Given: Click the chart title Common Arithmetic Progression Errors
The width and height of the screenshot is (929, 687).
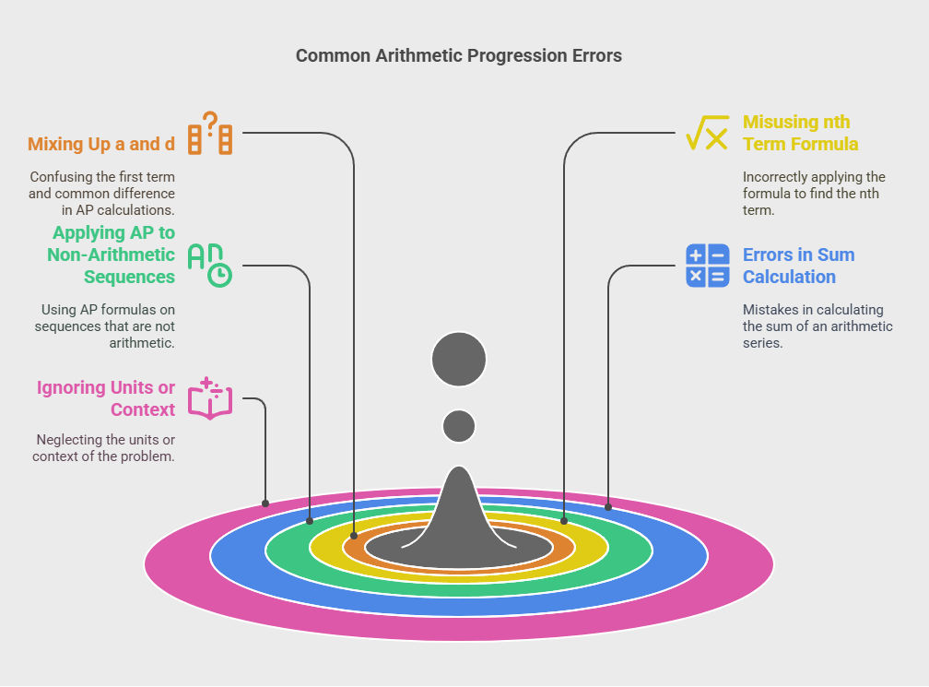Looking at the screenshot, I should pos(458,56).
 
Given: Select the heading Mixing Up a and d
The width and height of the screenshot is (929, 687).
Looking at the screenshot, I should pos(100,144).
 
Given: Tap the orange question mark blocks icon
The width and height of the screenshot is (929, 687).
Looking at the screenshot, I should pos(210,134).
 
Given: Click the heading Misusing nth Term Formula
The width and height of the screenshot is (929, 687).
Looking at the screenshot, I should pos(800,133).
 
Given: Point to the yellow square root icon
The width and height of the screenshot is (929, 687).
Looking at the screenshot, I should pos(708,133).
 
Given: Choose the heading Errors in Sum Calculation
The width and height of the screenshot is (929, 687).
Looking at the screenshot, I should pos(798,266).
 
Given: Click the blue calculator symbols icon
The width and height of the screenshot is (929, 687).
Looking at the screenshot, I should pos(708,266).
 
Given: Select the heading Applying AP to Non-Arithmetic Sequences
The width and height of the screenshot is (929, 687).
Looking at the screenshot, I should pos(112,255).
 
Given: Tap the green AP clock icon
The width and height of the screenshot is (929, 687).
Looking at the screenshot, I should pos(210,266).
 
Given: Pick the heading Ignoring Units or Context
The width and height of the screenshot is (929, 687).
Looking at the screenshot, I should pos(105,398).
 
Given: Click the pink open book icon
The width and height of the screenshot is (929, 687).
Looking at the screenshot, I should pos(210,398).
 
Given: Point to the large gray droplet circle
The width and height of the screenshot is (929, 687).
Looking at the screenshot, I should pos(459,359).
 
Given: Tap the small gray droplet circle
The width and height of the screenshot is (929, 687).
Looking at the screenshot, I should pos(459,426).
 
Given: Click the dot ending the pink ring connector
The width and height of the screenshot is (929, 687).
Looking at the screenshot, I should pos(265,503).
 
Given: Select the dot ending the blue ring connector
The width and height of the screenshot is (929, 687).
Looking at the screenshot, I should pos(608,506).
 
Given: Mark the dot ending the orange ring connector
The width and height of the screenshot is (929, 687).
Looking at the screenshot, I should pos(354,536).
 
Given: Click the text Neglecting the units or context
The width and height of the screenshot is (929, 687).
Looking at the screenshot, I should pos(103,448).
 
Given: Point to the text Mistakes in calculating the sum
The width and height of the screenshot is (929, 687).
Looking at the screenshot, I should pos(817,318).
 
